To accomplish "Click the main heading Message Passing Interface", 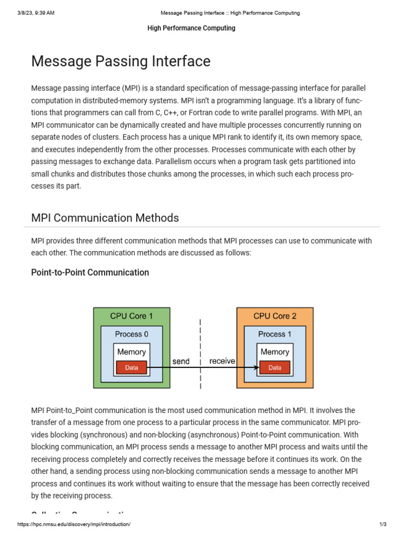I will (x=120, y=61).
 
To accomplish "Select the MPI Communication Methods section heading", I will (x=105, y=218).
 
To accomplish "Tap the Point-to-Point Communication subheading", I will (x=90, y=272).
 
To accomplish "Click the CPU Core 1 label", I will (x=132, y=316).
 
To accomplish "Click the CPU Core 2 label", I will (x=275, y=316).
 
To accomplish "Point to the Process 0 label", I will (x=132, y=334).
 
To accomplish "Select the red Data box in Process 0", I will (x=132, y=368).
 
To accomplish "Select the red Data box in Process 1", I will (x=275, y=368).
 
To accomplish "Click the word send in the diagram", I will (x=181, y=361).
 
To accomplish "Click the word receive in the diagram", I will (x=222, y=361).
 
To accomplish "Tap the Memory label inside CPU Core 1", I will (x=132, y=352).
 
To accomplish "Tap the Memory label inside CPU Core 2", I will (x=275, y=352).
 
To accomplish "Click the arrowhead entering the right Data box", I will (x=257, y=368).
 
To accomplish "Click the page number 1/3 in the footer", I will (x=382, y=524).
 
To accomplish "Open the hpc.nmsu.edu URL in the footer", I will (x=74, y=524).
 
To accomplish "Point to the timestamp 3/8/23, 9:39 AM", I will (x=35, y=13).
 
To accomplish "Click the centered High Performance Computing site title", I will (x=191, y=28).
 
